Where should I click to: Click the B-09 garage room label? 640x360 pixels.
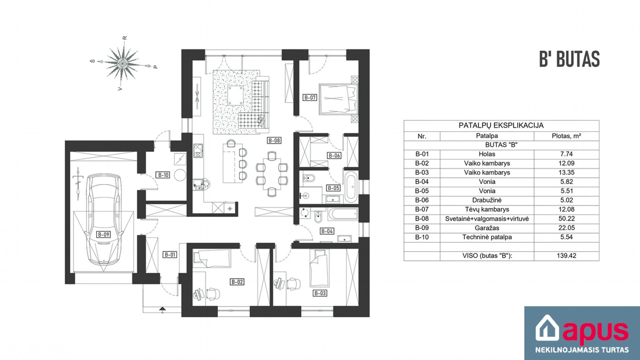pyautogui.click(x=103, y=234)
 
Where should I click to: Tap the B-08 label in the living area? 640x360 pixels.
pyautogui.click(x=274, y=140)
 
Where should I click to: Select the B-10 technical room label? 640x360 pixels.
pyautogui.click(x=163, y=175)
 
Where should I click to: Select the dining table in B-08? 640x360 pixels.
pyautogui.click(x=272, y=174)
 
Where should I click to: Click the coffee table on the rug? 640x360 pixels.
pyautogui.click(x=235, y=96)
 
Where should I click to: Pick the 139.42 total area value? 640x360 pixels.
pyautogui.click(x=567, y=256)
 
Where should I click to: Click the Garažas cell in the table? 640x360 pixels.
pyautogui.click(x=487, y=228)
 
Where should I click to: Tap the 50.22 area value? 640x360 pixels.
pyautogui.click(x=567, y=219)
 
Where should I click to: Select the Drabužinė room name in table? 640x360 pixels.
pyautogui.click(x=487, y=200)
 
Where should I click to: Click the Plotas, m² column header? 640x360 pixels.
pyautogui.click(x=567, y=136)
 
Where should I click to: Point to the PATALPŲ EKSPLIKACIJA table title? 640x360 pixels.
pyautogui.click(x=501, y=125)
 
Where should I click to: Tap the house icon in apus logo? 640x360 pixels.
pyautogui.click(x=547, y=329)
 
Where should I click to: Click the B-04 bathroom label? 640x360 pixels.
pyautogui.click(x=327, y=231)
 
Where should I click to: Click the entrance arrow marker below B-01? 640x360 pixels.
pyautogui.click(x=162, y=309)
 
